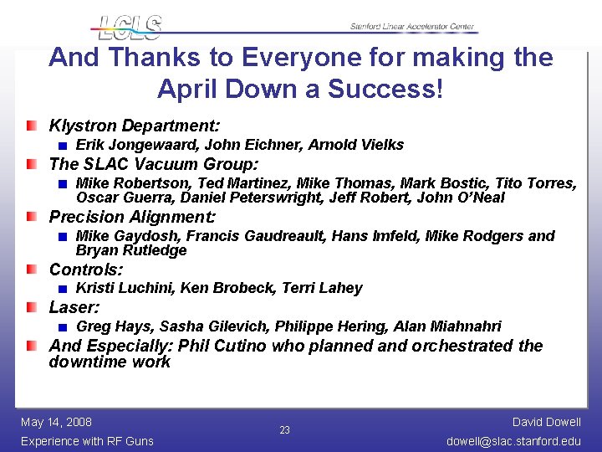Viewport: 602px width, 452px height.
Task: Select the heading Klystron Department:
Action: click(135, 126)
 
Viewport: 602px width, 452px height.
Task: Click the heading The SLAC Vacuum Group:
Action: click(154, 164)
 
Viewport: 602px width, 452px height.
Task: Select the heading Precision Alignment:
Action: click(132, 217)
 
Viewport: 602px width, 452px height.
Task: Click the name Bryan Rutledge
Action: click(131, 250)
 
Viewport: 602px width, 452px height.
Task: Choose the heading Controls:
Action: click(86, 270)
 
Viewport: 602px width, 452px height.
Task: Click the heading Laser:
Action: click(74, 307)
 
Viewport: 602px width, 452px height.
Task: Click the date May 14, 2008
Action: click(56, 422)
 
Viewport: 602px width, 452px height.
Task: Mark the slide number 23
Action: click(284, 430)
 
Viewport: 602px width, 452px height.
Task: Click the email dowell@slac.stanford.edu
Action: click(513, 441)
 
